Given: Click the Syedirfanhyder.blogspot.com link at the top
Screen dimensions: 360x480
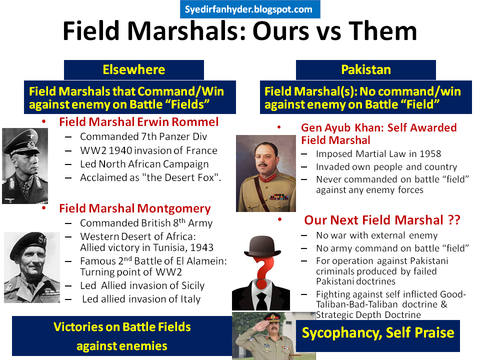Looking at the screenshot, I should click(249, 9).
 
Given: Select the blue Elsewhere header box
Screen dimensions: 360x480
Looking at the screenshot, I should click(133, 69).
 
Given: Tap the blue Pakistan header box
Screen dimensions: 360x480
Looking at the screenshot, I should click(365, 69).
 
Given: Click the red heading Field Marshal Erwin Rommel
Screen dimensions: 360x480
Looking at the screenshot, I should click(139, 122).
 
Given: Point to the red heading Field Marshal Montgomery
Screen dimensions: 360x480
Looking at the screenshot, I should click(135, 208).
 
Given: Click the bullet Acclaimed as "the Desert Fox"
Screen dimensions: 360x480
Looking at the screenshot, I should click(150, 178).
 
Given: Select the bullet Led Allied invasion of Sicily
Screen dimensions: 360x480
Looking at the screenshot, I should click(142, 286).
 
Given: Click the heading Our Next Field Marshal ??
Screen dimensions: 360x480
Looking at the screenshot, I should click(382, 220).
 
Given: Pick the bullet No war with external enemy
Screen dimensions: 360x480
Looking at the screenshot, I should click(376, 235).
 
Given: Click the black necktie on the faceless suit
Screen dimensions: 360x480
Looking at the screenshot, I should click(262, 300).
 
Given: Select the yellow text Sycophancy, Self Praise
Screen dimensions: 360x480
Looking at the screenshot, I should click(377, 332).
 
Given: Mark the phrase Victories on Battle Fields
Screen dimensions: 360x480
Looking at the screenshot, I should click(122, 327).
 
